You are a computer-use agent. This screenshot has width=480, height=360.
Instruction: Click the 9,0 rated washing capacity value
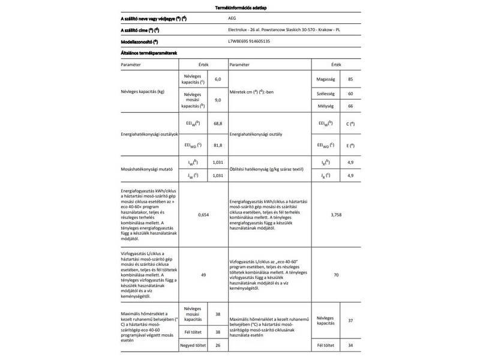[x=218, y=101]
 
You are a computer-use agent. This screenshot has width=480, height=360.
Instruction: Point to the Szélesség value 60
[x=350, y=94]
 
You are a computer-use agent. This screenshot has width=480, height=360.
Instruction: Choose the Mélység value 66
[x=350, y=106]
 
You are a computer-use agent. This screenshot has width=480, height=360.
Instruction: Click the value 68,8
[x=217, y=123]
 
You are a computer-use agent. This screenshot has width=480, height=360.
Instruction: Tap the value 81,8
[x=217, y=145]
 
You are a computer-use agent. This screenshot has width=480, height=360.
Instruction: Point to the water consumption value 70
[x=335, y=274]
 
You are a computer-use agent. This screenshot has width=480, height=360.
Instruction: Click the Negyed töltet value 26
[x=218, y=346]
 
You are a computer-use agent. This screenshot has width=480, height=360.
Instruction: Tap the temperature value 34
[x=350, y=346]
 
